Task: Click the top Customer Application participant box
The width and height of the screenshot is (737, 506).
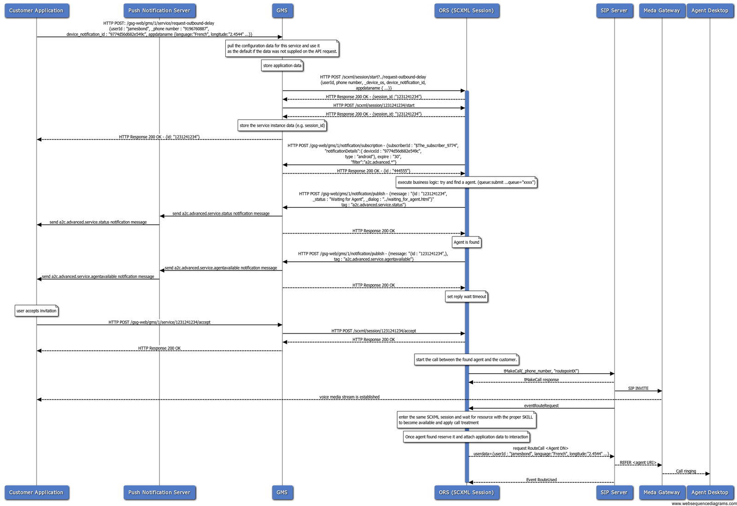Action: click(x=36, y=11)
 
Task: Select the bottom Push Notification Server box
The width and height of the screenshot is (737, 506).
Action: click(x=159, y=492)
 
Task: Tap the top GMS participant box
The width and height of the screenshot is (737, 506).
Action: click(x=282, y=11)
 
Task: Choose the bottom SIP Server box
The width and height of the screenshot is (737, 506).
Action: click(x=614, y=492)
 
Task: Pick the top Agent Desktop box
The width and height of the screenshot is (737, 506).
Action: click(x=709, y=11)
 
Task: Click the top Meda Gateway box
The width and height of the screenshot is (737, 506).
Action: click(x=661, y=11)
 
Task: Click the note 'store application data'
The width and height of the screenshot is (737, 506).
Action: click(x=282, y=66)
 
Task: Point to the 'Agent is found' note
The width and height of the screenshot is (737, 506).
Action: click(x=466, y=242)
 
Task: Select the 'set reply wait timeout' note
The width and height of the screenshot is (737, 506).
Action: click(x=466, y=297)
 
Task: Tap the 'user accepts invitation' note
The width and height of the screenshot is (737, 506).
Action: click(x=36, y=311)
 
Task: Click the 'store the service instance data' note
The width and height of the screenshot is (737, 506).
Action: click(x=282, y=126)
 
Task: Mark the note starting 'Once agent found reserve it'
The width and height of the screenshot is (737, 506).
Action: click(x=466, y=437)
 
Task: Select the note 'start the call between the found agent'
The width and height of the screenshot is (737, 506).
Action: click(x=466, y=360)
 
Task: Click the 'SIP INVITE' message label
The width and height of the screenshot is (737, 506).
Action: click(x=638, y=388)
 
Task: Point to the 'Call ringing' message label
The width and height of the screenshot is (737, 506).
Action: click(x=686, y=471)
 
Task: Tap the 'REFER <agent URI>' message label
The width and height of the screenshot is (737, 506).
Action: click(x=638, y=463)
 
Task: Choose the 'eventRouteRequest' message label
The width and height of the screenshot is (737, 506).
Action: click(x=541, y=406)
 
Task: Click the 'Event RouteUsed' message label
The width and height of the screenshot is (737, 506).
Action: click(x=541, y=480)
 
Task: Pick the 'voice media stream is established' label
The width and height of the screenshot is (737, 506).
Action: click(x=349, y=397)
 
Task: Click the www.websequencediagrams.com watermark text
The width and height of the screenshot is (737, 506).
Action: click(x=704, y=503)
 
